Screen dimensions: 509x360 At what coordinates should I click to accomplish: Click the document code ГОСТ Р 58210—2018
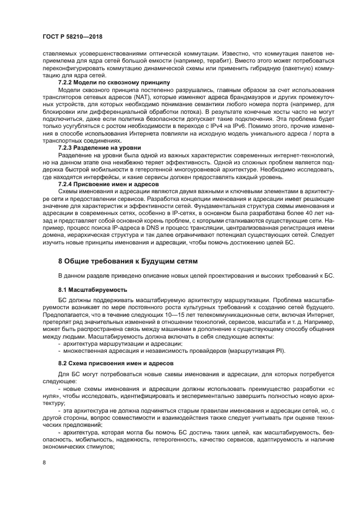(x=72, y=36)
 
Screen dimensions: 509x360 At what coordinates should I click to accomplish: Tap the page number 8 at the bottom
(x=45, y=463)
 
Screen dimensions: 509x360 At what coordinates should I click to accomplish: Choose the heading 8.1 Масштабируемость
(x=93, y=290)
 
